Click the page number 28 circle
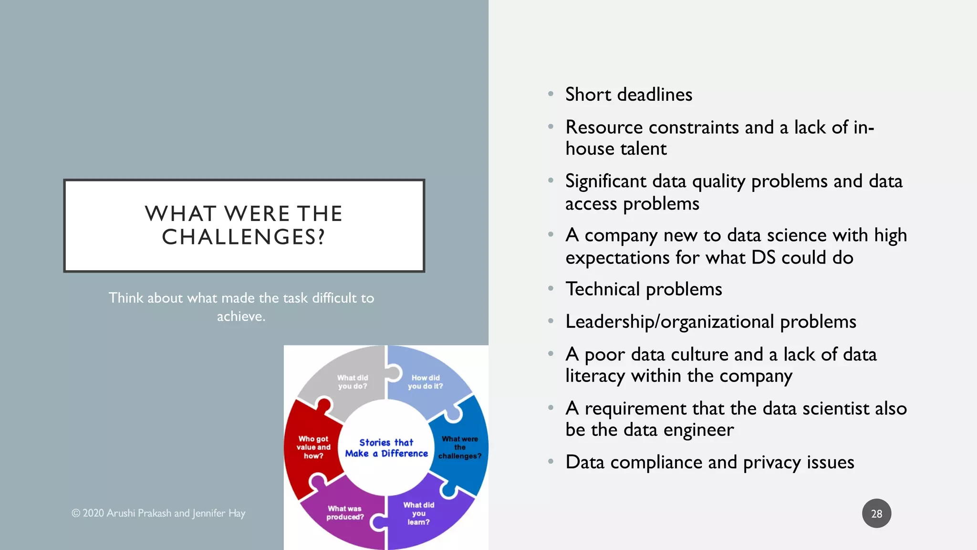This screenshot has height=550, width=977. coord(876,514)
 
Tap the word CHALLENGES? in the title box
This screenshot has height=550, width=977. coord(244,237)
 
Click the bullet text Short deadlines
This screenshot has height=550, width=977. coord(628,95)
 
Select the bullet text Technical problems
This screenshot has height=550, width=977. coord(644,289)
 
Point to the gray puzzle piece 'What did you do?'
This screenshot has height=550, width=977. coord(352,382)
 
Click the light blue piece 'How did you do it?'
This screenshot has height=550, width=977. coord(425,382)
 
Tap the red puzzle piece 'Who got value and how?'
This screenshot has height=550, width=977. coord(313,447)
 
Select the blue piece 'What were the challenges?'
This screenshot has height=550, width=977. coord(460,447)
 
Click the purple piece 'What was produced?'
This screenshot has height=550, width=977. coord(345,513)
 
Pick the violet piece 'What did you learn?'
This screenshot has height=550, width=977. coord(418,513)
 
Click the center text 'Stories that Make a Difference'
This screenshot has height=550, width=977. coord(386,448)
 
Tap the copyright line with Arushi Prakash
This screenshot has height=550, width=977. coord(158,513)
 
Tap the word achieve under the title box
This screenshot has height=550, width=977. coord(240,317)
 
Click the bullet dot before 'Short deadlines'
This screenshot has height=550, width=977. coord(551,94)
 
